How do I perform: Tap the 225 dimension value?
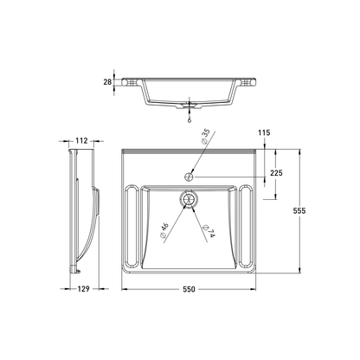point(275,172)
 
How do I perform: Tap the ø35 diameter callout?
point(205,138)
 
